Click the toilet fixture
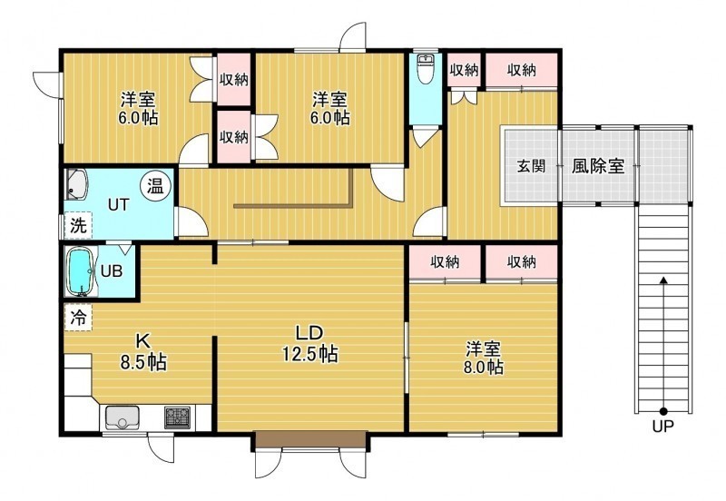click(425, 69)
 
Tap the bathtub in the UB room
click(81, 270)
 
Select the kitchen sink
click(123, 417)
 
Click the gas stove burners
click(177, 417)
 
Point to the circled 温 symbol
click(156, 186)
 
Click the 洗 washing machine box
click(78, 225)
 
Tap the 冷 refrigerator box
click(78, 317)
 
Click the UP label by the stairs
click(663, 426)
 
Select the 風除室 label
click(598, 166)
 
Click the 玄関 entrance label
click(532, 166)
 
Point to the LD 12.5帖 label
click(309, 344)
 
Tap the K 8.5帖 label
click(143, 352)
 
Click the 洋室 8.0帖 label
click(484, 357)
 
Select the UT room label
click(118, 204)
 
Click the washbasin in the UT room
click(76, 184)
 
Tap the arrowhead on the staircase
click(663, 280)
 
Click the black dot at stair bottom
click(663, 411)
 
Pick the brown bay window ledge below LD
click(309, 439)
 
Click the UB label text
click(112, 270)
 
